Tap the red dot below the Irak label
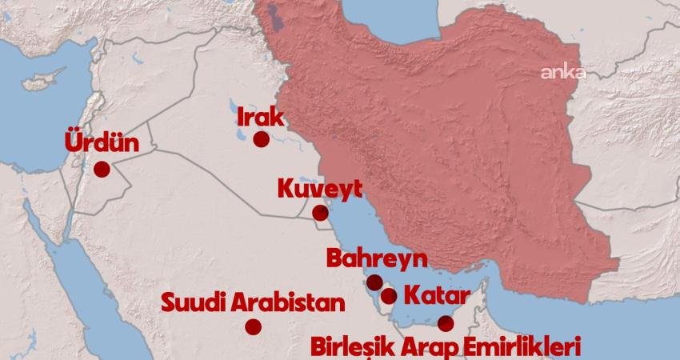pos(261,139)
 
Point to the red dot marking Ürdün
pos(102,170)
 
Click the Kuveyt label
pos(320,190)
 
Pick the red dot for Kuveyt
pos(320,213)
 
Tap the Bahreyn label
pos(376,259)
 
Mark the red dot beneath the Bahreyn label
pos(374,282)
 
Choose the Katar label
pos(435,294)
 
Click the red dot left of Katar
pos(389,296)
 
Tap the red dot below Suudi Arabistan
pos(254,326)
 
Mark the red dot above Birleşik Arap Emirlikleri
pos(446,323)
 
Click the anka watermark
pos(563,73)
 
